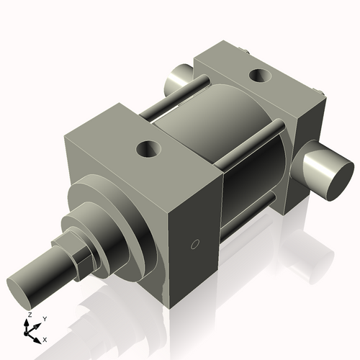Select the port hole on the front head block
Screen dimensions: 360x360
tap(150, 150)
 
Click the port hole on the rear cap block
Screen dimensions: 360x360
tap(257, 73)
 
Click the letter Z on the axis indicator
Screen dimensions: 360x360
tap(28, 315)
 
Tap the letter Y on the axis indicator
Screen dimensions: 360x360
tap(44, 318)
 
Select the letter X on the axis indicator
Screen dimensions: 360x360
tap(45, 338)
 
